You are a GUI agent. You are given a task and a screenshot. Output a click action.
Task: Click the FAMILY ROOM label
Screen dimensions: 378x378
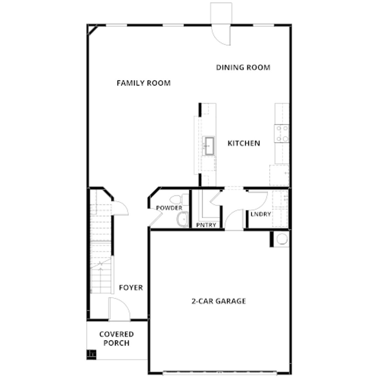[x=144, y=83]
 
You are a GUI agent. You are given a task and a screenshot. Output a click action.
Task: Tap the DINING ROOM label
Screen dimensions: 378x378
[x=243, y=68]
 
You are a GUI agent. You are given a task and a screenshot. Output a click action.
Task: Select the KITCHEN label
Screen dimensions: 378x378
[x=244, y=143]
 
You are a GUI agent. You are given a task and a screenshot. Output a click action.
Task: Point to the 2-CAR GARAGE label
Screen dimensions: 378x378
[x=219, y=301]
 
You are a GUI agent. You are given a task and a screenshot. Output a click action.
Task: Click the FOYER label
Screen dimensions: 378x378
[x=131, y=288]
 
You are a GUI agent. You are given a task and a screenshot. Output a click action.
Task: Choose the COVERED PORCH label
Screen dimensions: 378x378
[x=117, y=338]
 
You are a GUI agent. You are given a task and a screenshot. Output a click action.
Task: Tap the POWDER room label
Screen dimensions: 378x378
[x=169, y=208]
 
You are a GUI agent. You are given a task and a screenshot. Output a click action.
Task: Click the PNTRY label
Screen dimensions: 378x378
[x=206, y=225]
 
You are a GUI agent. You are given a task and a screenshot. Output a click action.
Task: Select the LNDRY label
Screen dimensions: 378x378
[x=261, y=214]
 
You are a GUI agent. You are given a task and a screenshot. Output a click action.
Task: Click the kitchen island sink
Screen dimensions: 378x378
[x=209, y=146]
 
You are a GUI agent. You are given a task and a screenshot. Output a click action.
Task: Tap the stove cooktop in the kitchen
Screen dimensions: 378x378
[x=282, y=133]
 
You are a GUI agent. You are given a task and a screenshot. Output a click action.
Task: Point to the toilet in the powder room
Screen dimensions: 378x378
[x=179, y=199]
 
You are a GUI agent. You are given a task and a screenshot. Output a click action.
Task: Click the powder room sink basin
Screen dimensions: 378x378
[x=183, y=219]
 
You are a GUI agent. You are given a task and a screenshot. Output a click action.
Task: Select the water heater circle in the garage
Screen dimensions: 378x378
[x=282, y=239]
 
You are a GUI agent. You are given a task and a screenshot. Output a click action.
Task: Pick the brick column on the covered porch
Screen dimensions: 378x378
[x=91, y=355]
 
